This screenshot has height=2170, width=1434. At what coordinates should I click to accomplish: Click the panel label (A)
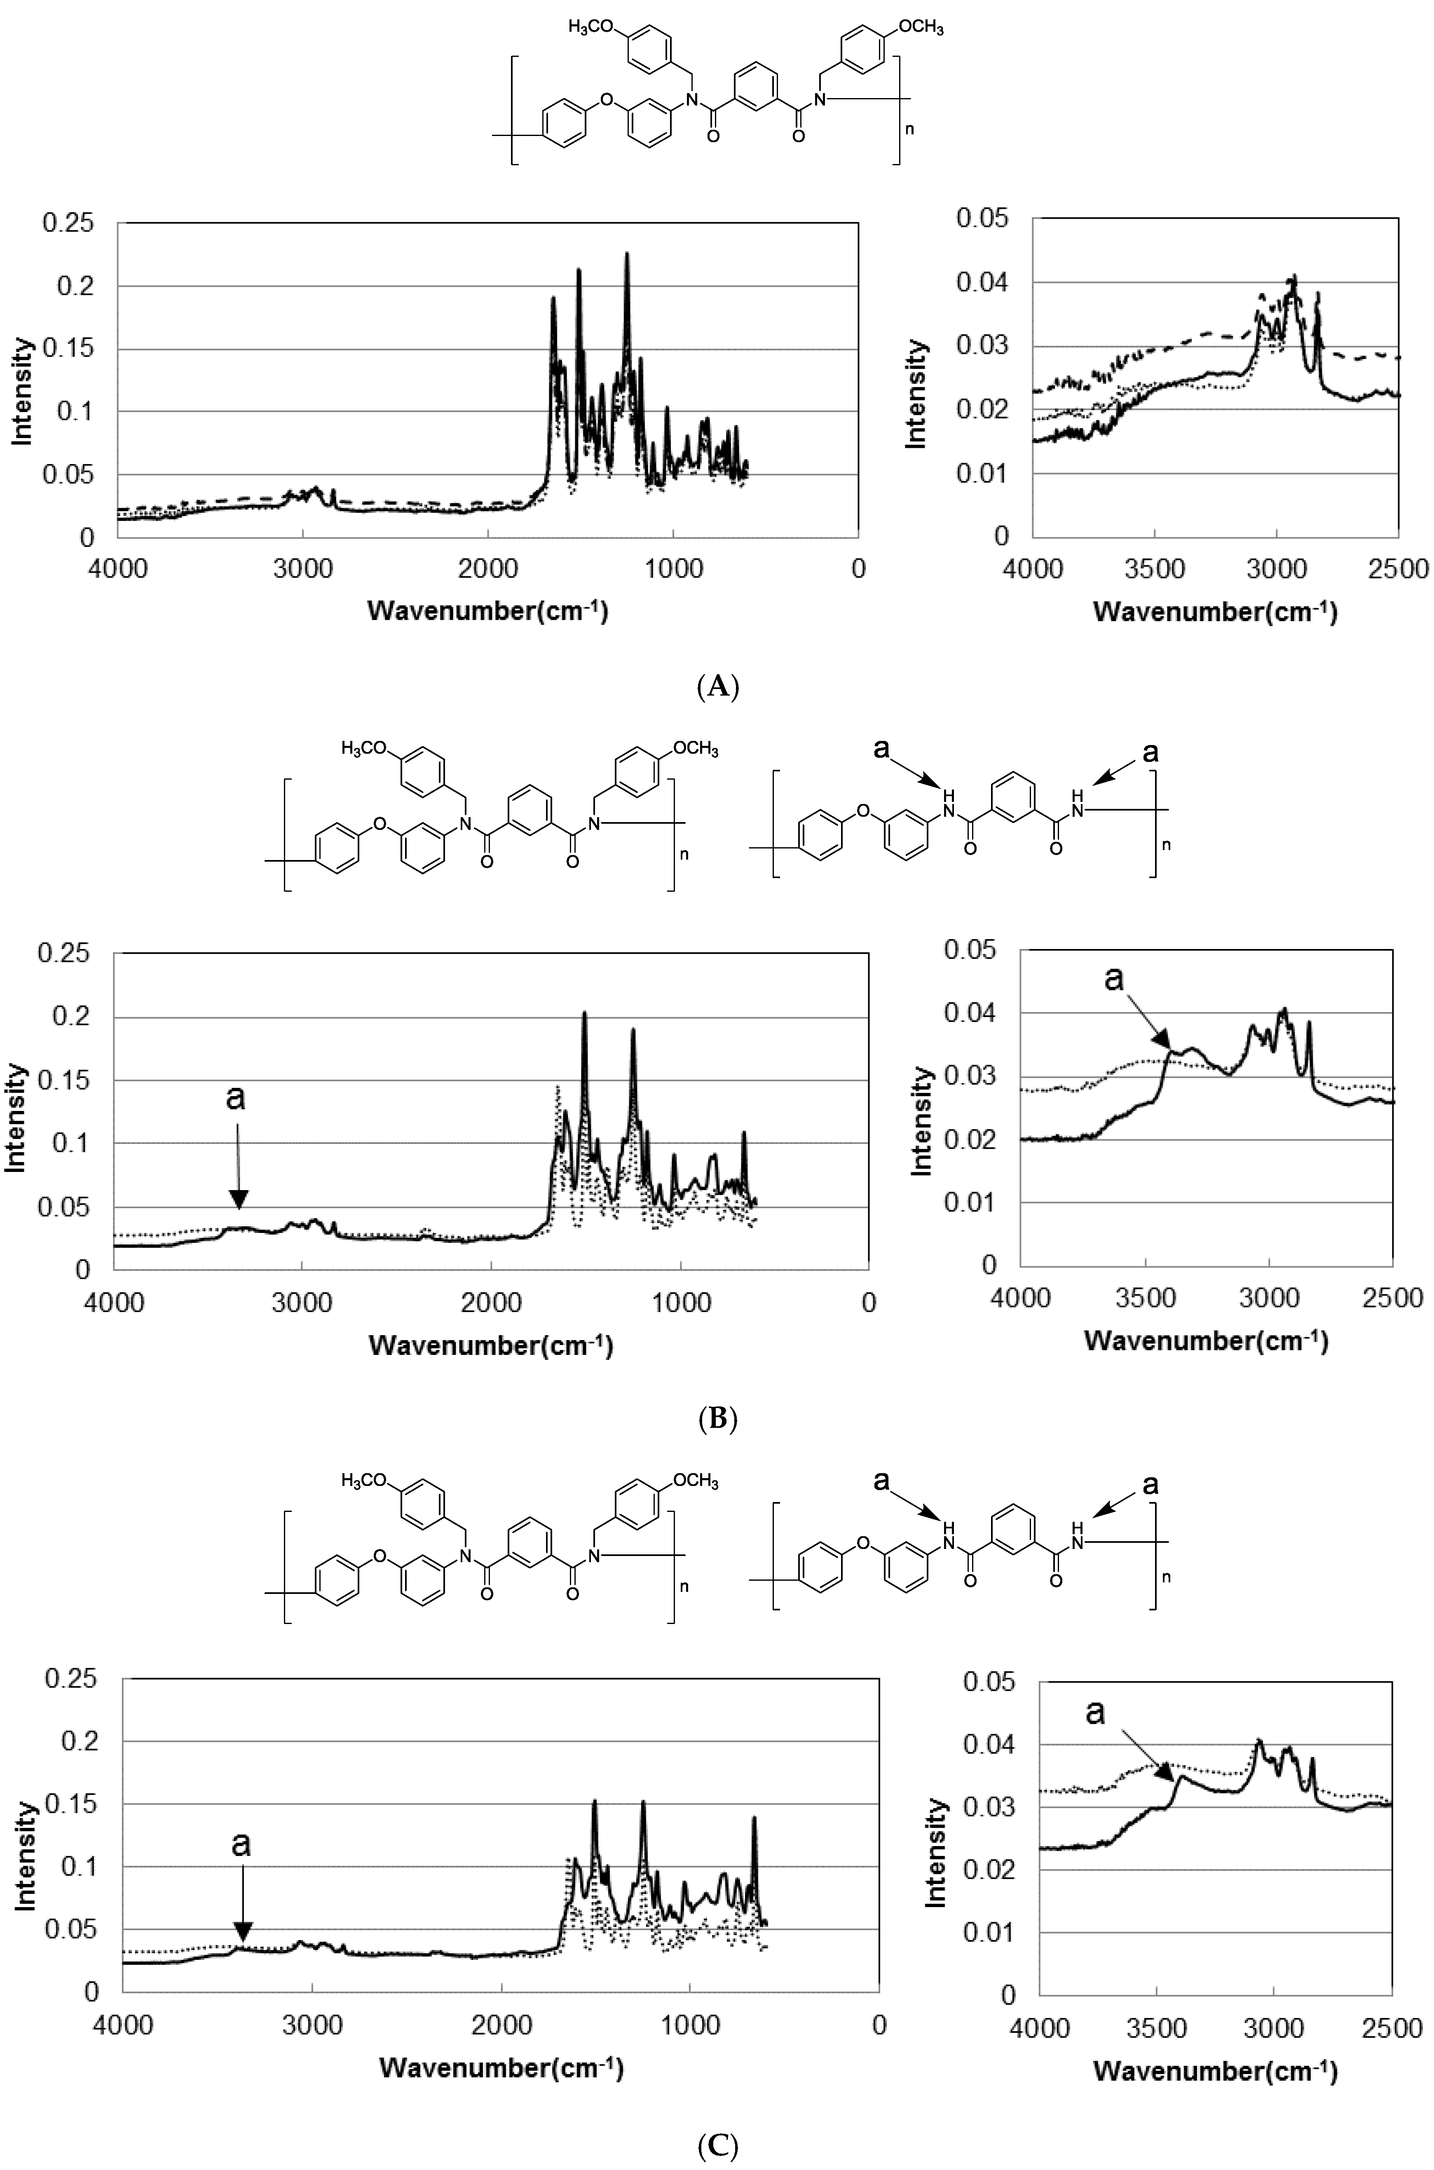[717, 686]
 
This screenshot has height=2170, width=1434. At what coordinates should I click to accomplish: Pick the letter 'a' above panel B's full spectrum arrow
[236, 1097]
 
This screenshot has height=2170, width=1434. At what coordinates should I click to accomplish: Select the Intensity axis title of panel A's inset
[916, 393]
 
